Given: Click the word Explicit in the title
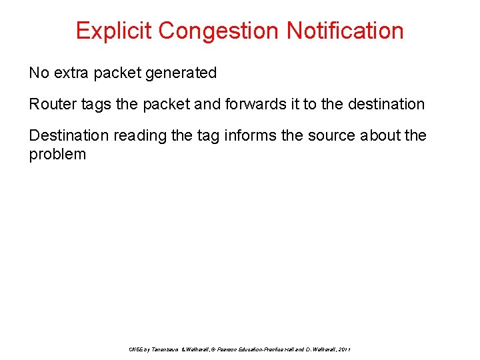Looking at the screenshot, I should pos(113,31).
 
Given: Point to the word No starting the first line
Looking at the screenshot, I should pos(39,73).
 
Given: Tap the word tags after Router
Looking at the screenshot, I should pos(92,104).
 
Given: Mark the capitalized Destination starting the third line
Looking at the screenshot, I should pos(69,135).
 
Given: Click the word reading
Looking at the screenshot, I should pos(140,135).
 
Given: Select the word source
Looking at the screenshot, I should pos(330,135).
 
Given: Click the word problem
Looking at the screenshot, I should pos(57,154).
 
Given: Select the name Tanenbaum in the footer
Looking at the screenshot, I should pos(165,350).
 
